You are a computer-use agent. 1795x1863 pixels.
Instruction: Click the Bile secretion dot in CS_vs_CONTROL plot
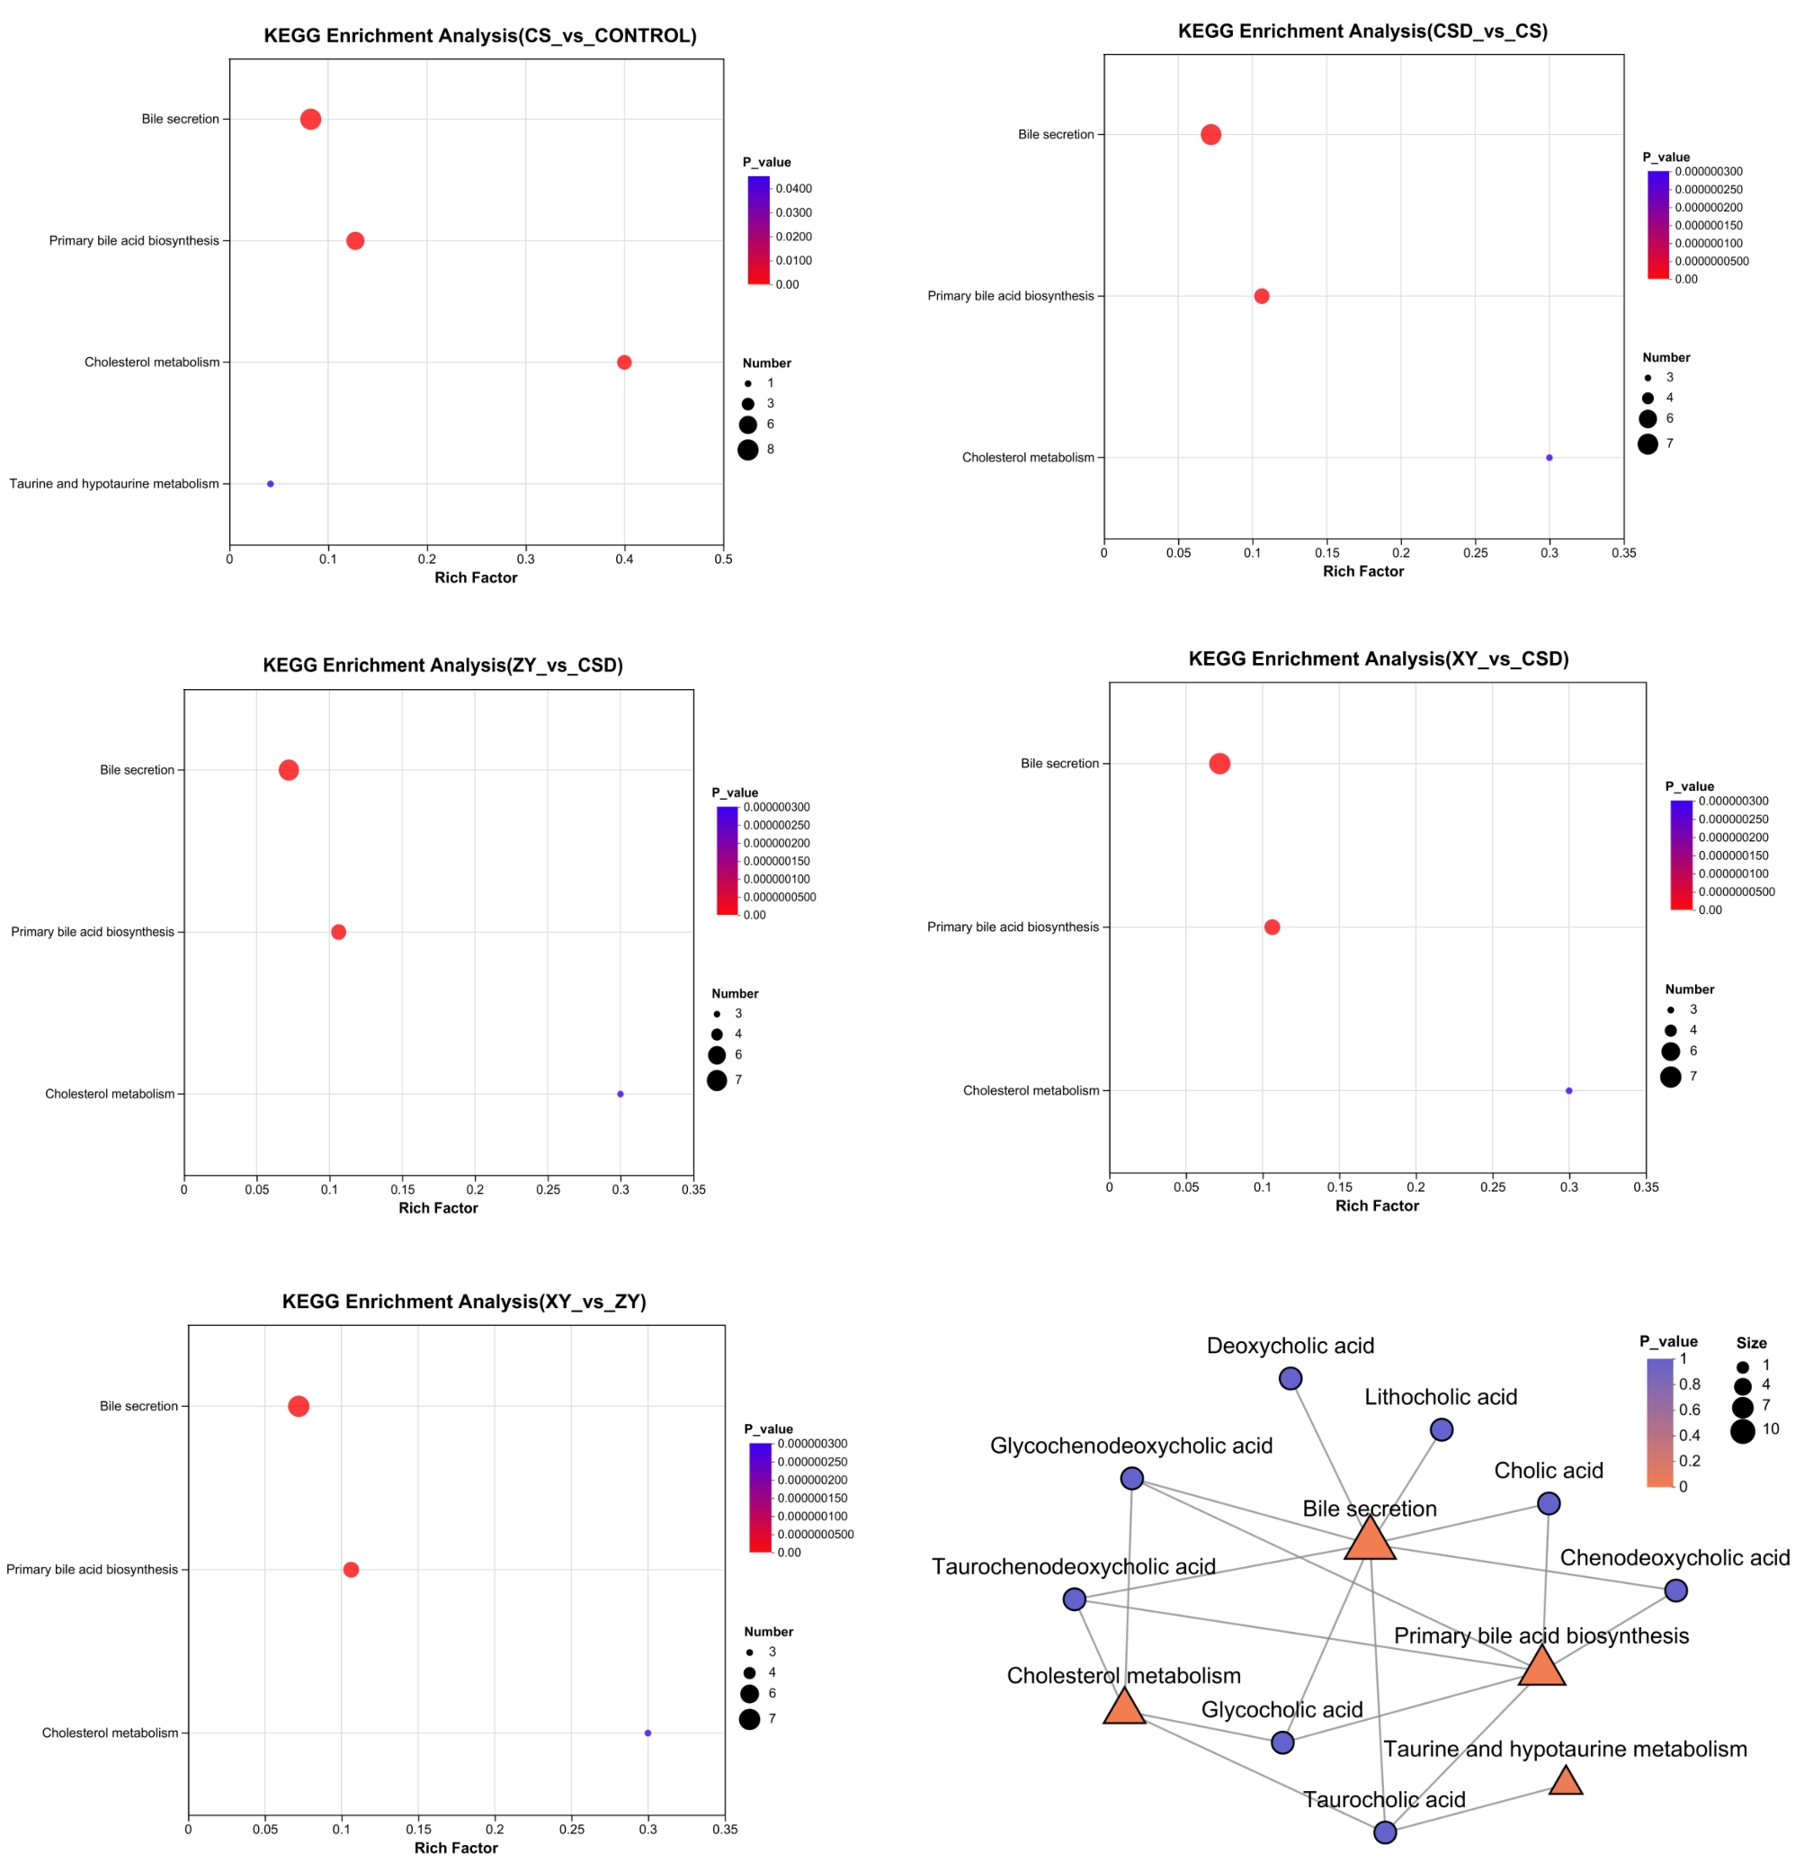309,119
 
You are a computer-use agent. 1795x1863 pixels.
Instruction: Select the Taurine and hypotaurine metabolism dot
270,484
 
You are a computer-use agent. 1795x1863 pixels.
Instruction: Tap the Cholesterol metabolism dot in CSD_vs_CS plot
1549,458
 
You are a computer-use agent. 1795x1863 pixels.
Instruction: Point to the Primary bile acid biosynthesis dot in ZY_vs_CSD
338,933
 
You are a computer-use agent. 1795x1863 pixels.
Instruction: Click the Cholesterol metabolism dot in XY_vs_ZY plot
648,1733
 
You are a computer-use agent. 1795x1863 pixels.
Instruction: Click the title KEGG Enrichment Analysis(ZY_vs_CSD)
442,666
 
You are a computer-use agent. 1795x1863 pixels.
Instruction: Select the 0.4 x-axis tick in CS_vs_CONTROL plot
624,560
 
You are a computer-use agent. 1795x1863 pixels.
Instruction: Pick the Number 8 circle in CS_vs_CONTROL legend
748,451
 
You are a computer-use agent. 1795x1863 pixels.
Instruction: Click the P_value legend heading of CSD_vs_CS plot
1666,157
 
